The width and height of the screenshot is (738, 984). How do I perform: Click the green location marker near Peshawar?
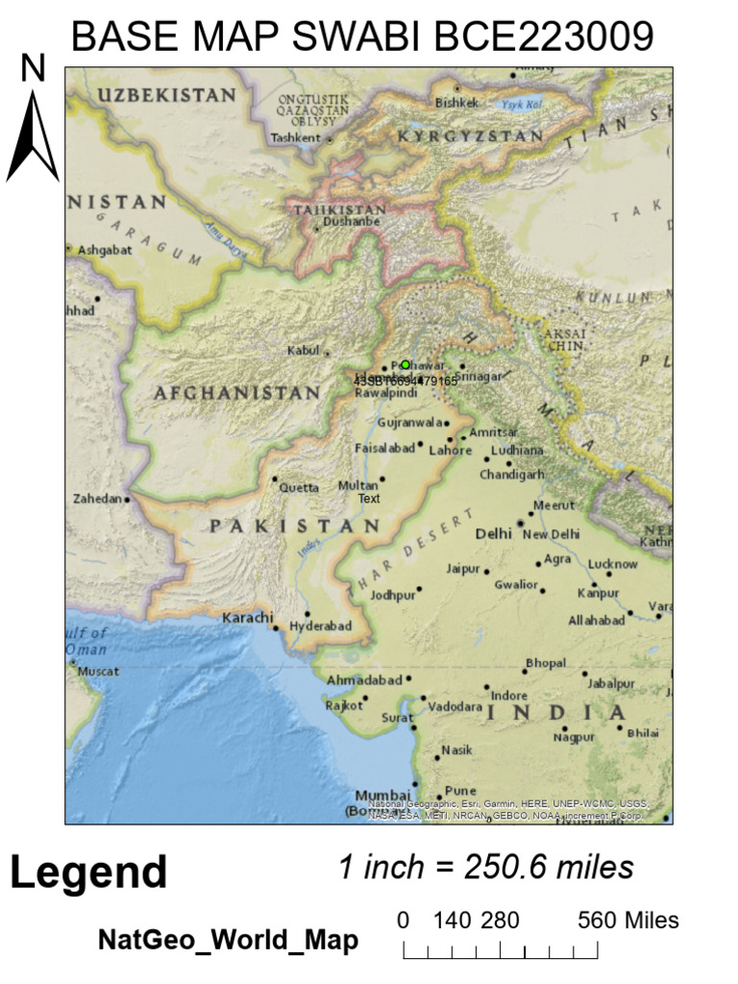pyautogui.click(x=406, y=365)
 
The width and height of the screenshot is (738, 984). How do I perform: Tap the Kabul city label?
pyautogui.click(x=302, y=351)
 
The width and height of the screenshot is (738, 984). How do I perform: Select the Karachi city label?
pyautogui.click(x=248, y=617)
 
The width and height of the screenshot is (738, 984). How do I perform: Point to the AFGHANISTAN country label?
pyautogui.click(x=236, y=393)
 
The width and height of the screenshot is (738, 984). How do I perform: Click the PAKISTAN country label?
pyautogui.click(x=295, y=526)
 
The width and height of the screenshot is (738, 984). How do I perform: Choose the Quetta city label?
pyautogui.click(x=299, y=487)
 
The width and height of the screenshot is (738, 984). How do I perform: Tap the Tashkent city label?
pyautogui.click(x=295, y=137)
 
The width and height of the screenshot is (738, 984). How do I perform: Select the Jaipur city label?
pyautogui.click(x=462, y=569)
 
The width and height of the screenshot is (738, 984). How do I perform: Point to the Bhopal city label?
pyautogui.click(x=546, y=663)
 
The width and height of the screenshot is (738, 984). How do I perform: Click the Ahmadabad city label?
pyautogui.click(x=364, y=679)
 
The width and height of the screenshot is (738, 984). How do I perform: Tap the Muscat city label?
pyautogui.click(x=99, y=671)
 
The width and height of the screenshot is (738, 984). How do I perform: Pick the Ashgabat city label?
pyautogui.click(x=103, y=249)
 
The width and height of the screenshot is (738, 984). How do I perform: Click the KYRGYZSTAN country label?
pyautogui.click(x=471, y=136)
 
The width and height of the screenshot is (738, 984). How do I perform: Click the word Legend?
pyautogui.click(x=88, y=873)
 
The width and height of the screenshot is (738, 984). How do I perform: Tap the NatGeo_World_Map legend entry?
pyautogui.click(x=228, y=940)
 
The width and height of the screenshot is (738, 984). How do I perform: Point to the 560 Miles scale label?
pyautogui.click(x=627, y=921)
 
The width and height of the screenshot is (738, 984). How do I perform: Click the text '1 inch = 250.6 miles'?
pyautogui.click(x=485, y=867)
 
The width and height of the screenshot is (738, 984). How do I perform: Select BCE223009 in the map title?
pyautogui.click(x=544, y=37)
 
